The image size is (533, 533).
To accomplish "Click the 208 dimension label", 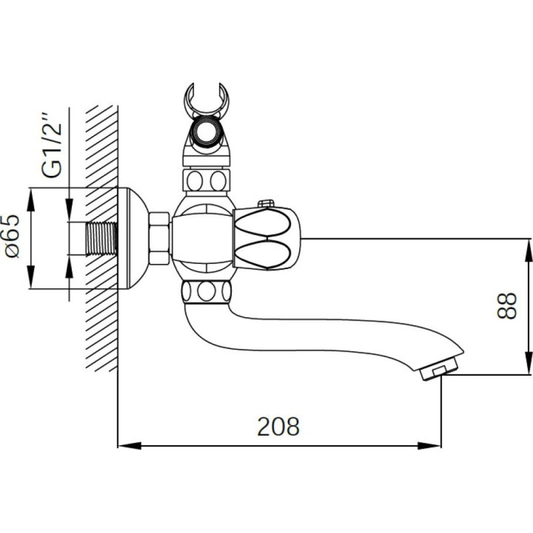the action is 278,426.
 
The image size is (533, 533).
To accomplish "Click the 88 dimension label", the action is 506,306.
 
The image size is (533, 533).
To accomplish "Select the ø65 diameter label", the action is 13,237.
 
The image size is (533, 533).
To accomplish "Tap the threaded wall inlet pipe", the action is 101,239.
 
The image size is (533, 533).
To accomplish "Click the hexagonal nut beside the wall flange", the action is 159,238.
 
